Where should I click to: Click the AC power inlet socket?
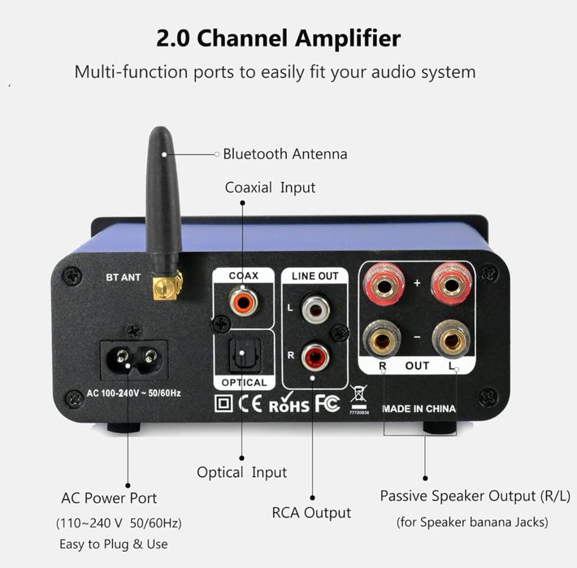point(133,358)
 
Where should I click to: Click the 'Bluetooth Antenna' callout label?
point(284,154)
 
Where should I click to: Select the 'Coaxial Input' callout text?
point(270,188)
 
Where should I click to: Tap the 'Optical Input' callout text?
point(241,472)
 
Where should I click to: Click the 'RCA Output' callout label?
point(311,513)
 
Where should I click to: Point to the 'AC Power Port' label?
point(109,498)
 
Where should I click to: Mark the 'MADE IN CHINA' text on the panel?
point(419,409)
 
